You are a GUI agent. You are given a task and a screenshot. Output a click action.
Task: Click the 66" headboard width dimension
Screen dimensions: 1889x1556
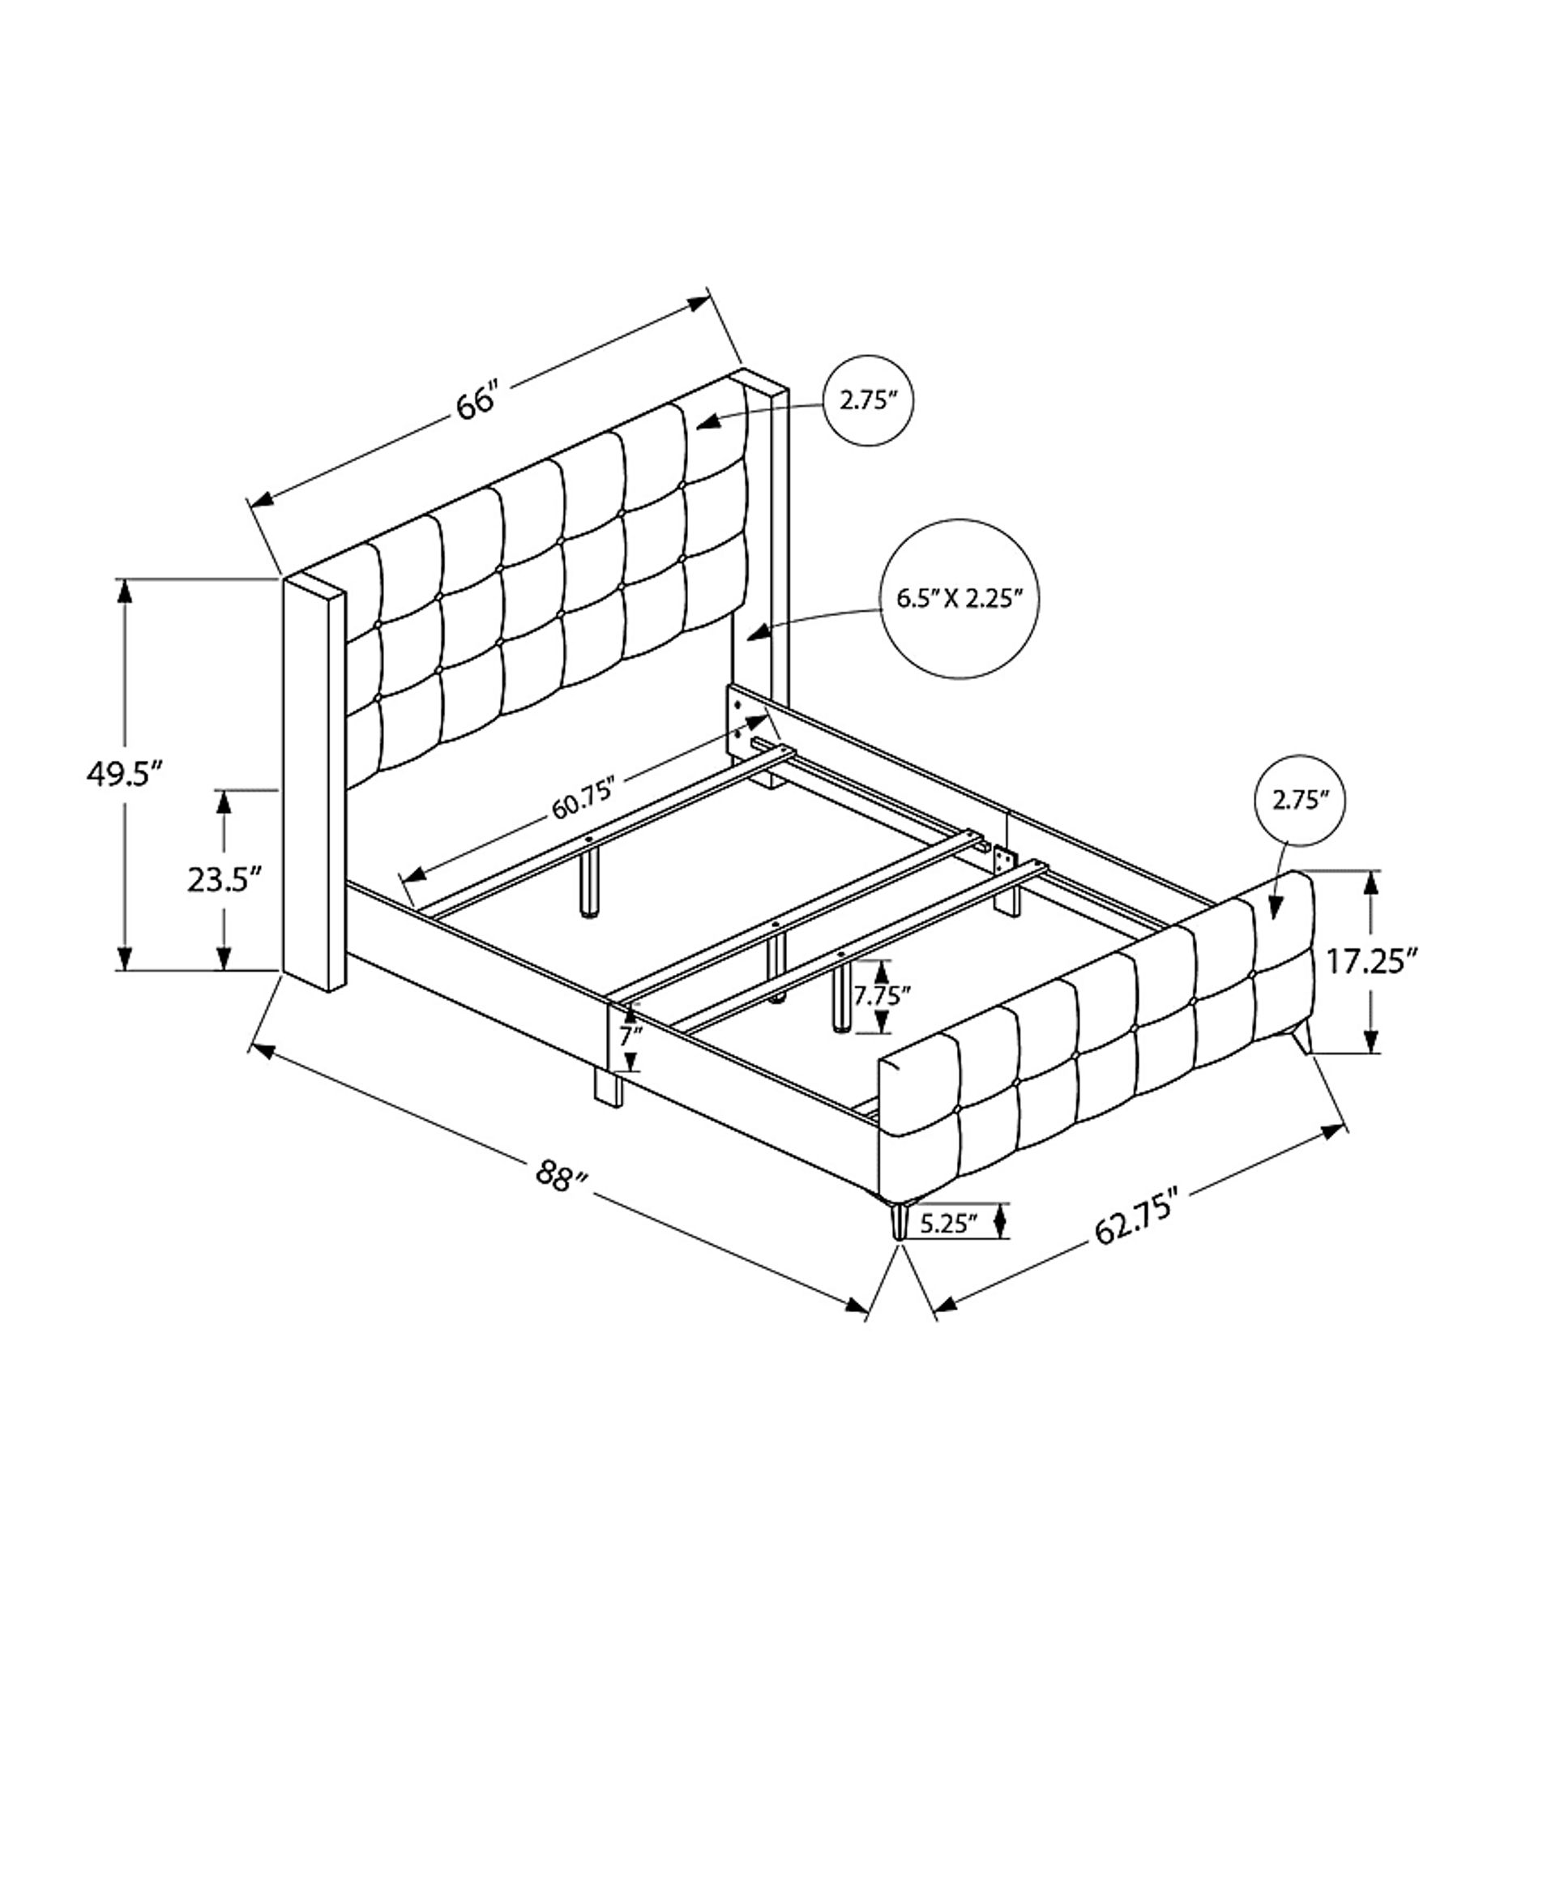[x=476, y=400]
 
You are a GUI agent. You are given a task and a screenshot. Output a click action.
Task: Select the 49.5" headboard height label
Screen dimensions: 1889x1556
[x=125, y=772]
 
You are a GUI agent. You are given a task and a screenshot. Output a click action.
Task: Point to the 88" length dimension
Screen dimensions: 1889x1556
[x=561, y=1174]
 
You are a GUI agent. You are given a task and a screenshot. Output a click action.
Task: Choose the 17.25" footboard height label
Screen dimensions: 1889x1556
[x=1371, y=962]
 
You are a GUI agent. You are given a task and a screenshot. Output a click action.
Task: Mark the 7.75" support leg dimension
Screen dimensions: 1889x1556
[x=882, y=994]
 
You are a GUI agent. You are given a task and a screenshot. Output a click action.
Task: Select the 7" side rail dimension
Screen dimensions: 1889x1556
[x=631, y=1036]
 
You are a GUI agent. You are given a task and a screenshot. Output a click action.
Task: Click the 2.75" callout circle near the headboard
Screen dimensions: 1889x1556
[x=868, y=400]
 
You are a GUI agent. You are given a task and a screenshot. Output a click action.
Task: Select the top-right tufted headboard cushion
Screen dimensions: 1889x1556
[x=716, y=433]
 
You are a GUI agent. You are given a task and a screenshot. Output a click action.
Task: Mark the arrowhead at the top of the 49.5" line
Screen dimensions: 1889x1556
[x=125, y=591]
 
